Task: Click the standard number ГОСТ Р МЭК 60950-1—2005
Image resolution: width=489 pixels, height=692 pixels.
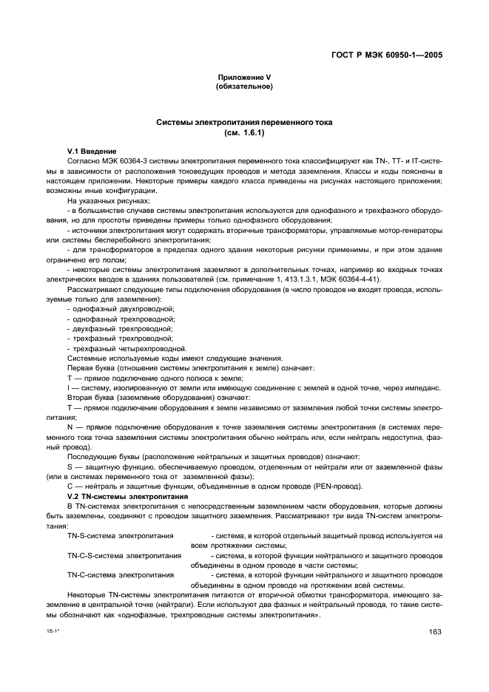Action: point(391,54)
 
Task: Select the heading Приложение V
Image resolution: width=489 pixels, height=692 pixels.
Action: point(244,78)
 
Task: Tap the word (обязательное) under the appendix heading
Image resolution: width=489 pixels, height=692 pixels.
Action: point(244,87)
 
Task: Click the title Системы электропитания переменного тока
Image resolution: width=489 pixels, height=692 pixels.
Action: point(244,122)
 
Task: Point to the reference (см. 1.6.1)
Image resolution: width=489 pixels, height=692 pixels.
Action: point(244,133)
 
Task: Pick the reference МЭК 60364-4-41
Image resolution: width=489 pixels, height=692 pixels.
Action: point(358,279)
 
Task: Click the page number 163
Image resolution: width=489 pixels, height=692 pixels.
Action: point(435,631)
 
